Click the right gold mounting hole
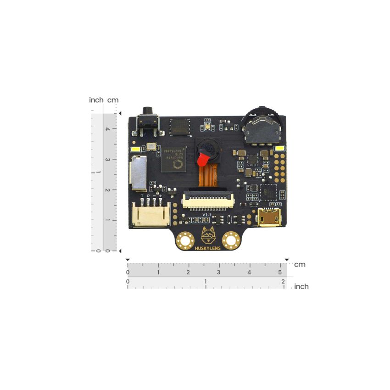(231, 240)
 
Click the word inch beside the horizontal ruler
(301, 287)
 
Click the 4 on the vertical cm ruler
(107, 129)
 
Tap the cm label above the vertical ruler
(113, 100)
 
